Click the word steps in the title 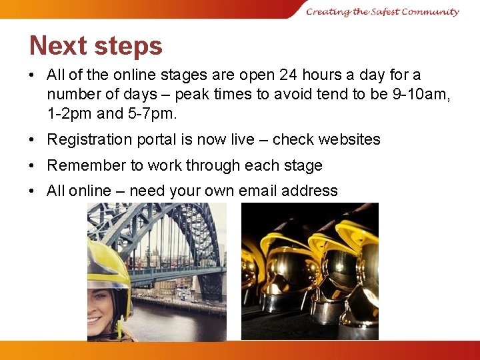128,47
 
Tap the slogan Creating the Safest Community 383,11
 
